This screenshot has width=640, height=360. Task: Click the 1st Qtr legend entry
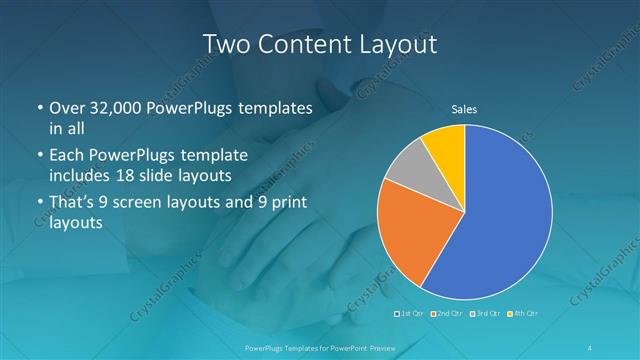click(x=411, y=313)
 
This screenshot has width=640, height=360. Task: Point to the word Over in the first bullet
click(x=67, y=109)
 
